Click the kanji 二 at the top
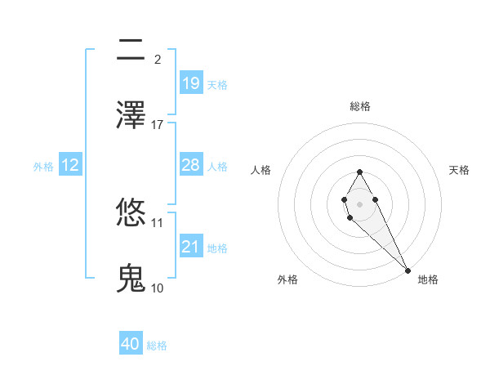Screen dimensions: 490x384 point(131,51)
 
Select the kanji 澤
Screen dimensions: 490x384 point(131,115)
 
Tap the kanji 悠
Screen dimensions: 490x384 point(131,214)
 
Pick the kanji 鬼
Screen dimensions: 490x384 point(131,279)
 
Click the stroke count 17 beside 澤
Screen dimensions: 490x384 point(158,124)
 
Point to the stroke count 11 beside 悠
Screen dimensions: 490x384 point(158,222)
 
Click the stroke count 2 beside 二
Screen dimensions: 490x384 point(158,59)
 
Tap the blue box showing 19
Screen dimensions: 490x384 point(190,83)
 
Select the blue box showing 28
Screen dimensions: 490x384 point(190,165)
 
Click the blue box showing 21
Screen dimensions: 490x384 point(190,247)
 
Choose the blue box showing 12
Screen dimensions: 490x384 point(70,165)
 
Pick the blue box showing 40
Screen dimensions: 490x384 point(131,344)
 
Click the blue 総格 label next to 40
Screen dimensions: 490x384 point(157,346)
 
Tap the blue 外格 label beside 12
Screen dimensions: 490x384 point(43,166)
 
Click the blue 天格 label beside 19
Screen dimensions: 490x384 point(217,84)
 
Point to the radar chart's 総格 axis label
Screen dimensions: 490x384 point(359,106)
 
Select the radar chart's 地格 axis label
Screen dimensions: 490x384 point(428,279)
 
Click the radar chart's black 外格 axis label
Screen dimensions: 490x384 point(287,279)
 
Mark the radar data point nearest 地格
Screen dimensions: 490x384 point(408,270)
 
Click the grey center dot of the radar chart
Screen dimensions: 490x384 point(359,203)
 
